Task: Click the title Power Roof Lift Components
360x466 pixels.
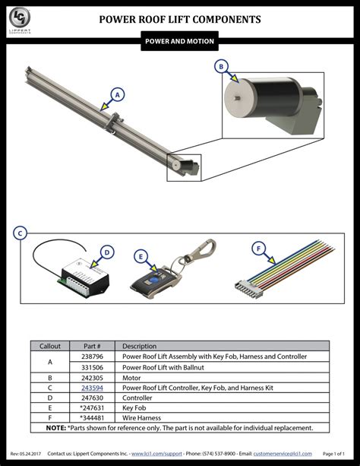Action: pos(180,19)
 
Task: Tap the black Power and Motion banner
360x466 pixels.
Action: pos(180,42)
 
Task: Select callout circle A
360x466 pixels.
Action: pos(116,94)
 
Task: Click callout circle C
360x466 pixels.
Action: pos(21,233)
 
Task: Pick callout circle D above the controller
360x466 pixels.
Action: pos(107,252)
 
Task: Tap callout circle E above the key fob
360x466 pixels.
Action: pos(141,256)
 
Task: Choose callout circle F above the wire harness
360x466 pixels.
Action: pos(259,248)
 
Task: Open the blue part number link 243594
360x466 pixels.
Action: pos(93,388)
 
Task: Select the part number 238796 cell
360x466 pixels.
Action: pos(93,356)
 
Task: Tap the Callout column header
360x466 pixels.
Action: pos(50,346)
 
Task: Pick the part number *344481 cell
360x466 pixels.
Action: pos(93,418)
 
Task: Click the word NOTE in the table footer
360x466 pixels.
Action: pos(55,428)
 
